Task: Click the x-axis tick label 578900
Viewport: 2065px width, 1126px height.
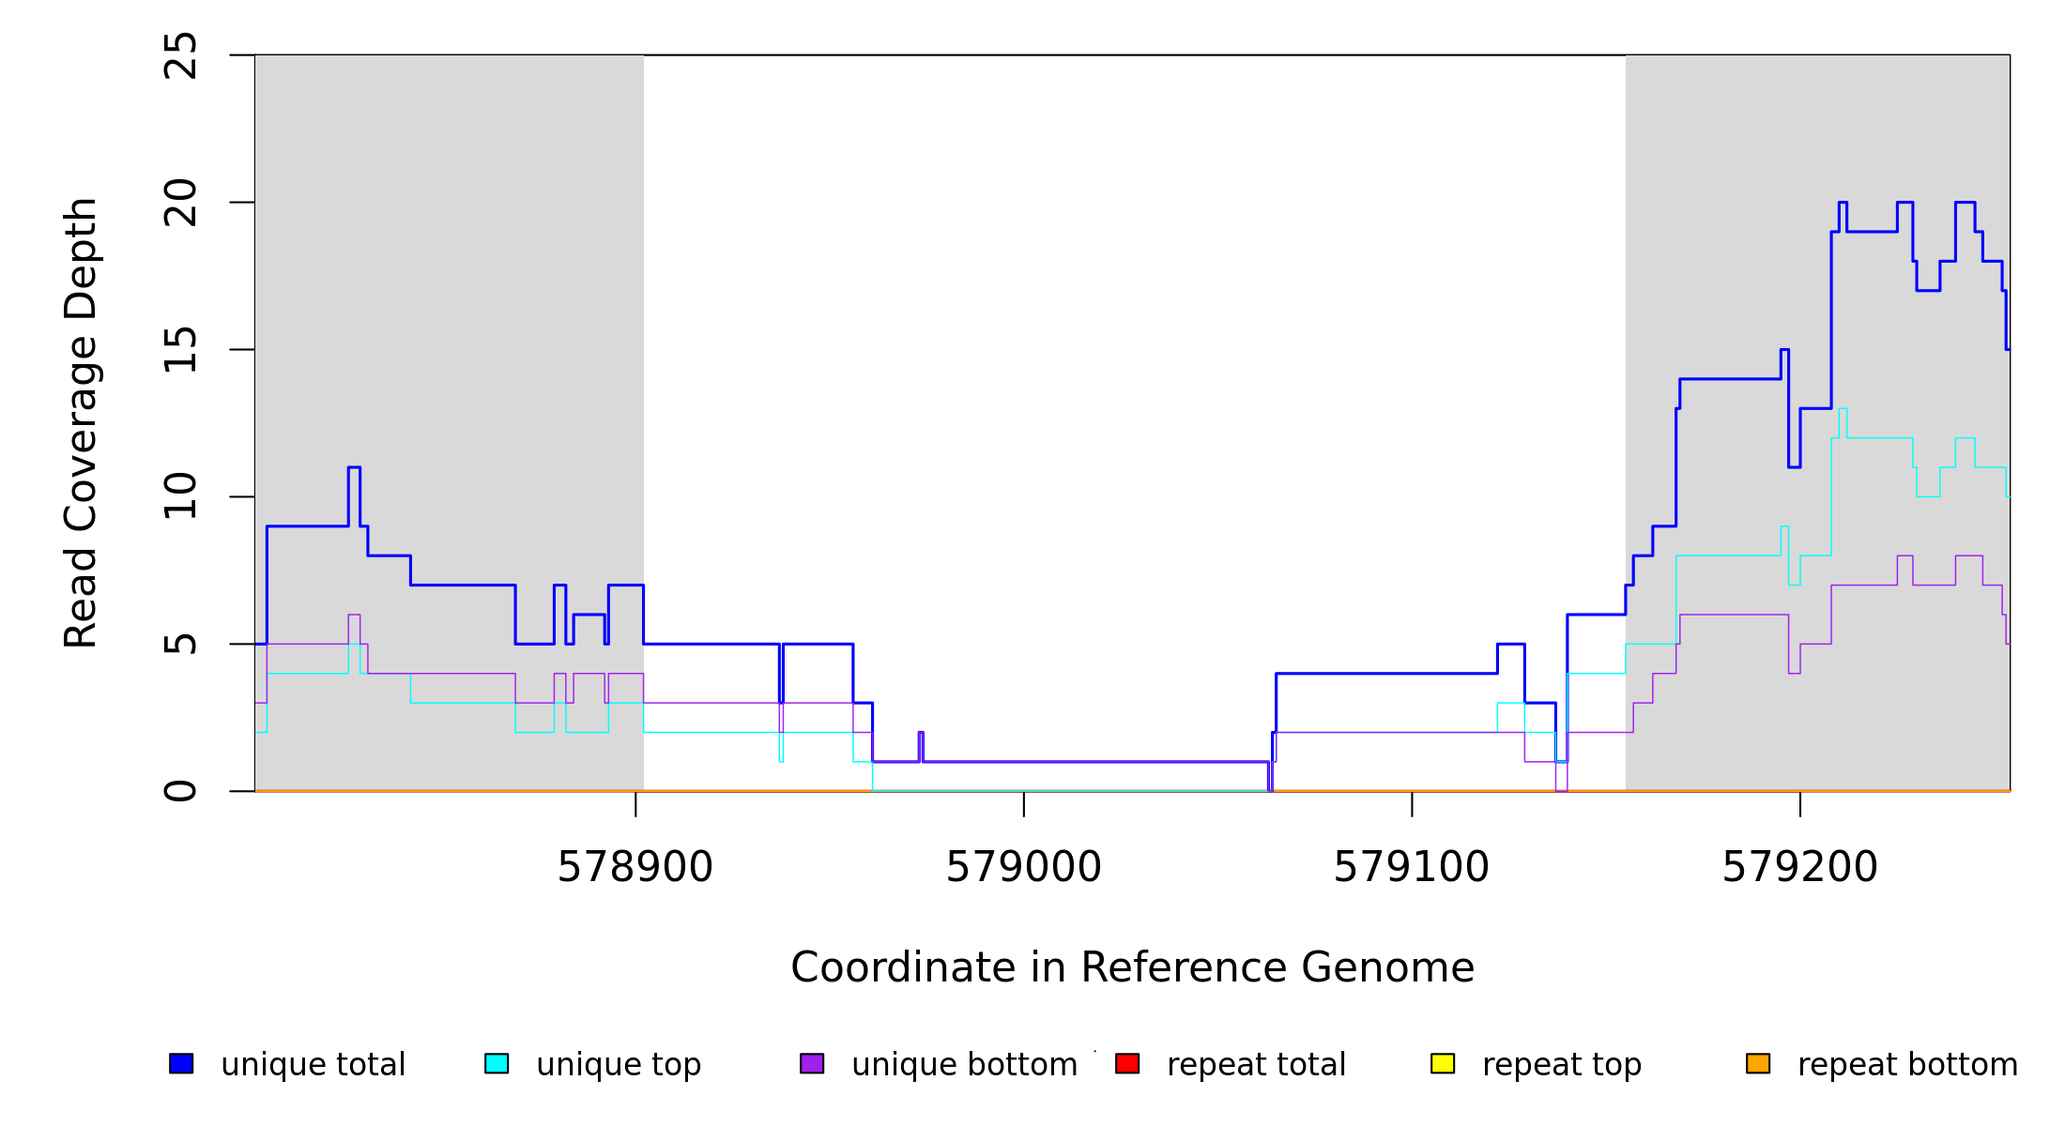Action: (635, 868)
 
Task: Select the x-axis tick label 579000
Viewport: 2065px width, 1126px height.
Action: (1023, 868)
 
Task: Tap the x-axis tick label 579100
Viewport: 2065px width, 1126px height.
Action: (1411, 868)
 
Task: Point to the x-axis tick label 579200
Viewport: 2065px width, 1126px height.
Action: (1799, 868)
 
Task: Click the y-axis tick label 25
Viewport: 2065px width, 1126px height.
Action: (181, 55)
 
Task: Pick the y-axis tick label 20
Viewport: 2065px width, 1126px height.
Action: (181, 203)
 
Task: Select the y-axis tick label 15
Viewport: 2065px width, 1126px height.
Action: (181, 350)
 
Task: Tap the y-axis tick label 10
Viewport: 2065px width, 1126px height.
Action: (181, 496)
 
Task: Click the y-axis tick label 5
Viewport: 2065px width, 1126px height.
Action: (181, 644)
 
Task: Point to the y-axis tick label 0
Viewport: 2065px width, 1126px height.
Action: (181, 791)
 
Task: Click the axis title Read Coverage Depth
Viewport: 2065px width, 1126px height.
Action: (82, 422)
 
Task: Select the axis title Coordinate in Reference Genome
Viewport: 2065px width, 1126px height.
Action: (1132, 968)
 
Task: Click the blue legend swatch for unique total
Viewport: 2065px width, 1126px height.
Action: (181, 1063)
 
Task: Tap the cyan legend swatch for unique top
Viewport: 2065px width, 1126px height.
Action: (497, 1063)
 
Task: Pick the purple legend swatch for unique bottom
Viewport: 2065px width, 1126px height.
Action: (812, 1063)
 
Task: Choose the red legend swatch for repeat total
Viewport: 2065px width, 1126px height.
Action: (1127, 1063)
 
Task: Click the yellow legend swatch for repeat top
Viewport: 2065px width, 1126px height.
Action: (1443, 1063)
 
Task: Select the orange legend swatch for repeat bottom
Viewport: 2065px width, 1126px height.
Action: (1758, 1063)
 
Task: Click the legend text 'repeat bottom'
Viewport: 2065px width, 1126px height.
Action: (1907, 1065)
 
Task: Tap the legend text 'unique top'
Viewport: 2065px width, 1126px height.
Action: (619, 1065)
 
